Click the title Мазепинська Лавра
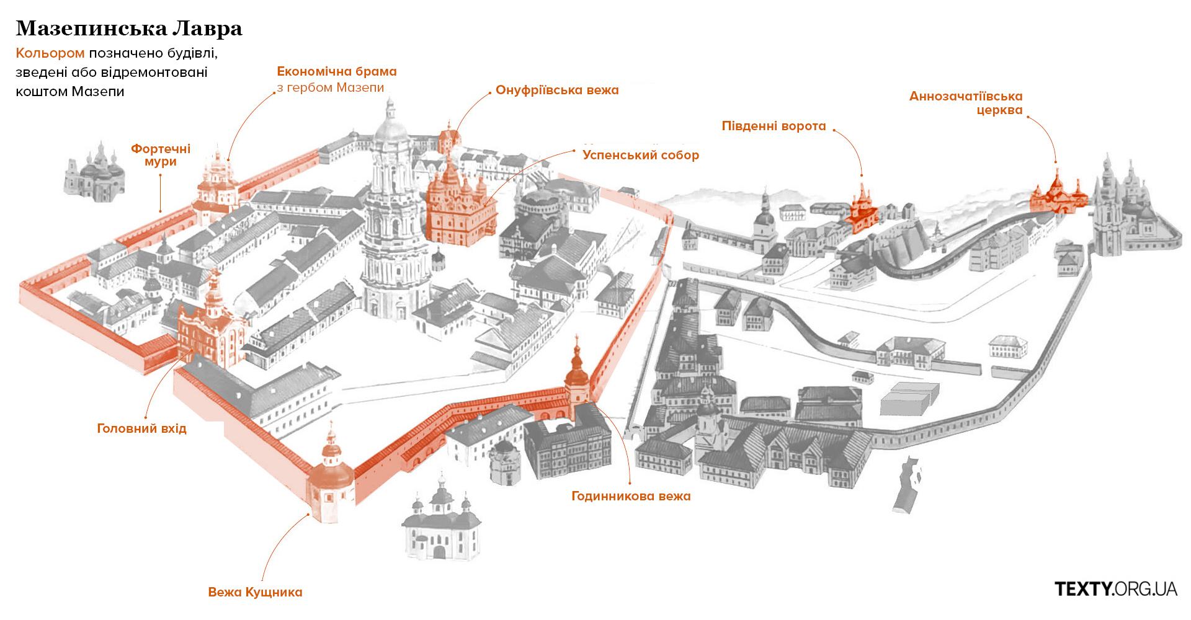point(129,28)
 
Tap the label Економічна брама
point(337,71)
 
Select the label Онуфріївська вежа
point(557,90)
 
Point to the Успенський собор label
point(641,155)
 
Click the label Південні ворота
point(774,126)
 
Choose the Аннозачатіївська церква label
point(966,104)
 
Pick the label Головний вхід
point(141,428)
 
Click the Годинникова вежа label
point(631,496)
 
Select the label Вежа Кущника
point(256,592)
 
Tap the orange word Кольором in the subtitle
point(50,53)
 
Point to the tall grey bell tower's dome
point(391,127)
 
